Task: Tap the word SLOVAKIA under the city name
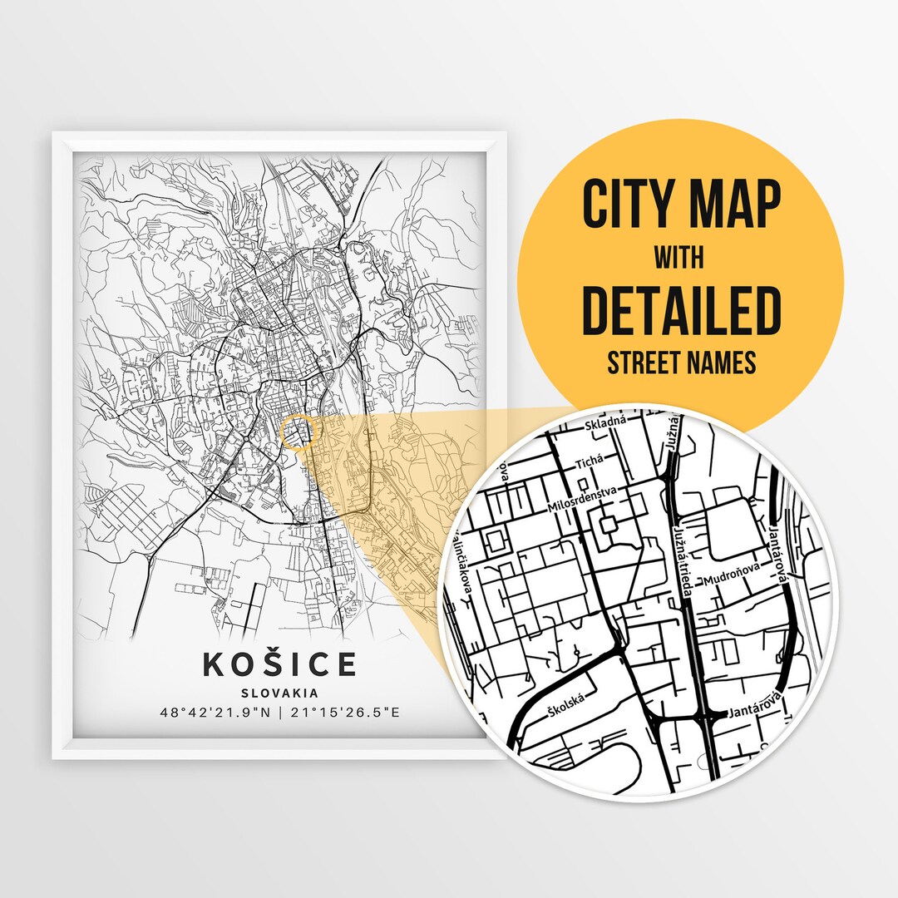(x=280, y=692)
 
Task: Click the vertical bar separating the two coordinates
(x=281, y=713)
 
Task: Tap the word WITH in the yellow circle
(x=679, y=258)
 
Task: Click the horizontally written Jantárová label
(x=753, y=712)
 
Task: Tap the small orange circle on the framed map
(x=299, y=433)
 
